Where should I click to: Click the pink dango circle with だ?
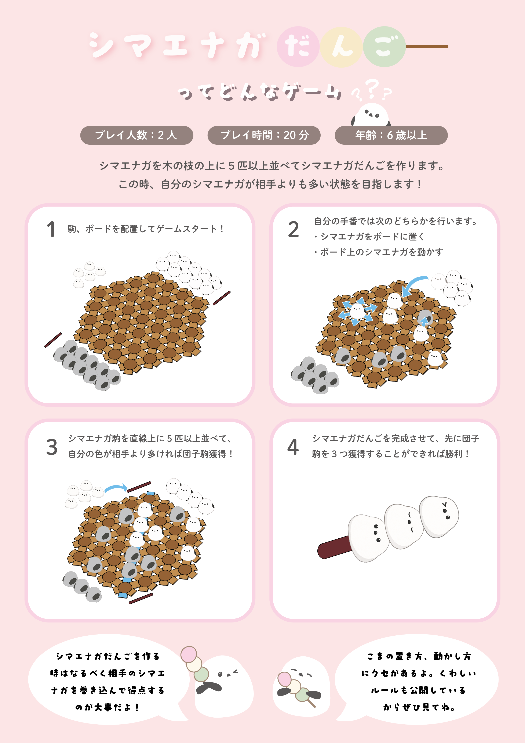pyautogui.click(x=298, y=47)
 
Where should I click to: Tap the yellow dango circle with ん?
pyautogui.click(x=341, y=47)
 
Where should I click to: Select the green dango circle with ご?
pyautogui.click(x=384, y=47)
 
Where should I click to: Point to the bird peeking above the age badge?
pyautogui.click(x=371, y=115)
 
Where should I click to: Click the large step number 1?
pyautogui.click(x=51, y=229)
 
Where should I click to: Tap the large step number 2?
pyautogui.click(x=294, y=229)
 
